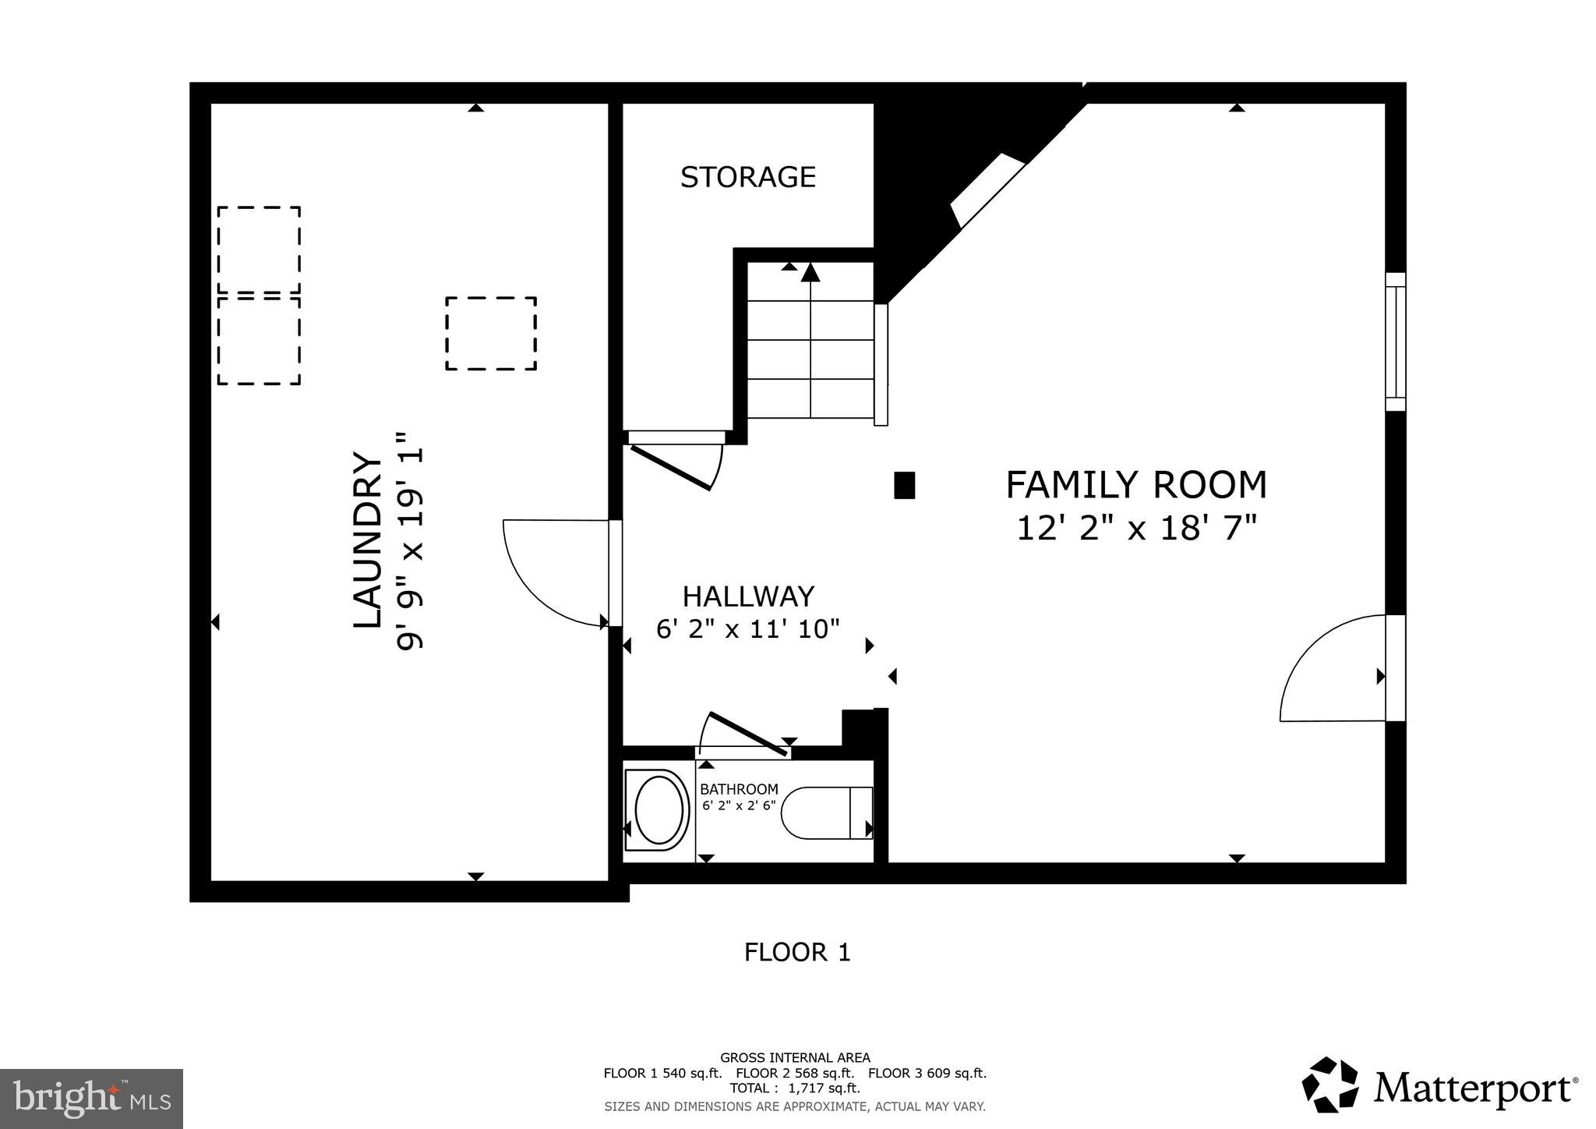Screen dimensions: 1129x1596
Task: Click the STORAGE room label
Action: pos(747,178)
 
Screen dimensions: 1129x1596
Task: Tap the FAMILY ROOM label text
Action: pos(1135,485)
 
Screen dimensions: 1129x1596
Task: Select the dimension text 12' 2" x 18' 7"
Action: pos(1137,529)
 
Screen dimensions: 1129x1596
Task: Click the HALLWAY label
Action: pos(748,596)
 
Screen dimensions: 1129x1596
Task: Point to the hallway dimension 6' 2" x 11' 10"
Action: pos(747,628)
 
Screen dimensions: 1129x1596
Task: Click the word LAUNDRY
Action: pos(368,540)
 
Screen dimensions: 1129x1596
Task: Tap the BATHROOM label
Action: pos(738,789)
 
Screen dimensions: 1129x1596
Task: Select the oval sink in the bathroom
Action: pos(659,810)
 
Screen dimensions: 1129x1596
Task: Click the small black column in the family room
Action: pos(904,485)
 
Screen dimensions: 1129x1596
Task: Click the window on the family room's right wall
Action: pos(1395,342)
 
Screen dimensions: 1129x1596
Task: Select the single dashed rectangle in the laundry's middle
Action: pos(491,334)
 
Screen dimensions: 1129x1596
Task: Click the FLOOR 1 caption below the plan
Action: pos(796,952)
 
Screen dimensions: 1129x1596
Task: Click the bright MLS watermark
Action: pos(91,1099)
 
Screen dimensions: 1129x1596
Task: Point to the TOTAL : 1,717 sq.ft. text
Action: pos(795,1088)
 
